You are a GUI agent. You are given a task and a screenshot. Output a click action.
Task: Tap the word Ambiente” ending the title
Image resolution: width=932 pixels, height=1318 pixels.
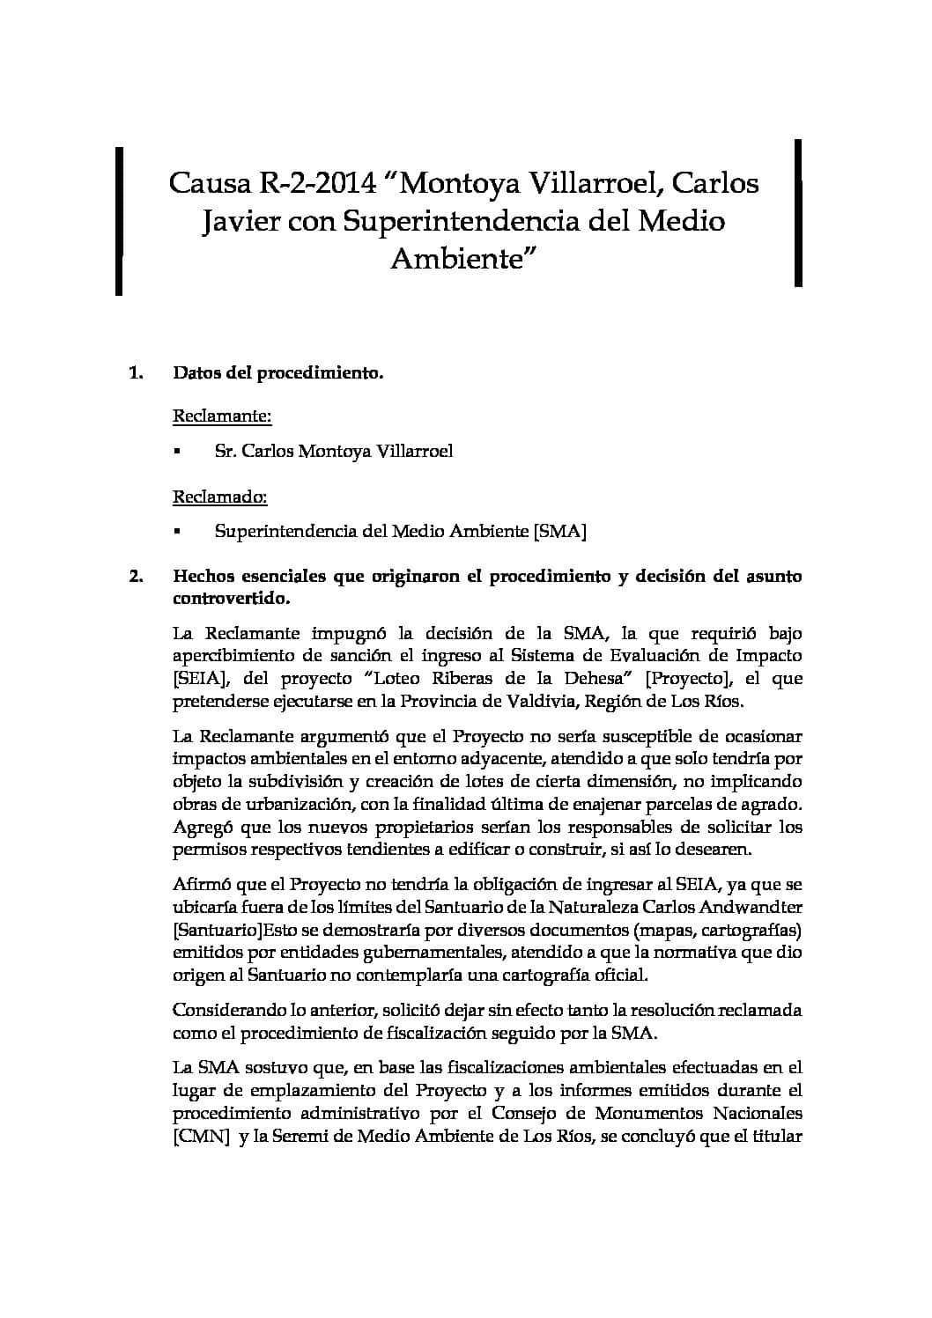coord(463,259)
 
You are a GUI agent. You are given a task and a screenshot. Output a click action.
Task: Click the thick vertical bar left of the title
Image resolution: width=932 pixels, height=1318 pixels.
coord(119,221)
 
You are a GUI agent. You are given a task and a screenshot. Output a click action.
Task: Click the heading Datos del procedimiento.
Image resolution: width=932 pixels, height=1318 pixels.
coord(278,374)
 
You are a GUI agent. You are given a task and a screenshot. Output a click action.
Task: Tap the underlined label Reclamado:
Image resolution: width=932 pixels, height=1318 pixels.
coord(219,497)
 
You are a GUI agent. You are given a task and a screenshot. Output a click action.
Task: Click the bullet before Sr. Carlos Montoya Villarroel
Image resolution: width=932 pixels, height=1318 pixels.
coord(177,453)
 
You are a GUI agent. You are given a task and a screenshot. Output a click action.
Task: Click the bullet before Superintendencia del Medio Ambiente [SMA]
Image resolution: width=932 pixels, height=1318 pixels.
coord(177,533)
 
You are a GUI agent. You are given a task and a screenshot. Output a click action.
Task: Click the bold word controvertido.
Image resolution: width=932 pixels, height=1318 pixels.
coord(231,599)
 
